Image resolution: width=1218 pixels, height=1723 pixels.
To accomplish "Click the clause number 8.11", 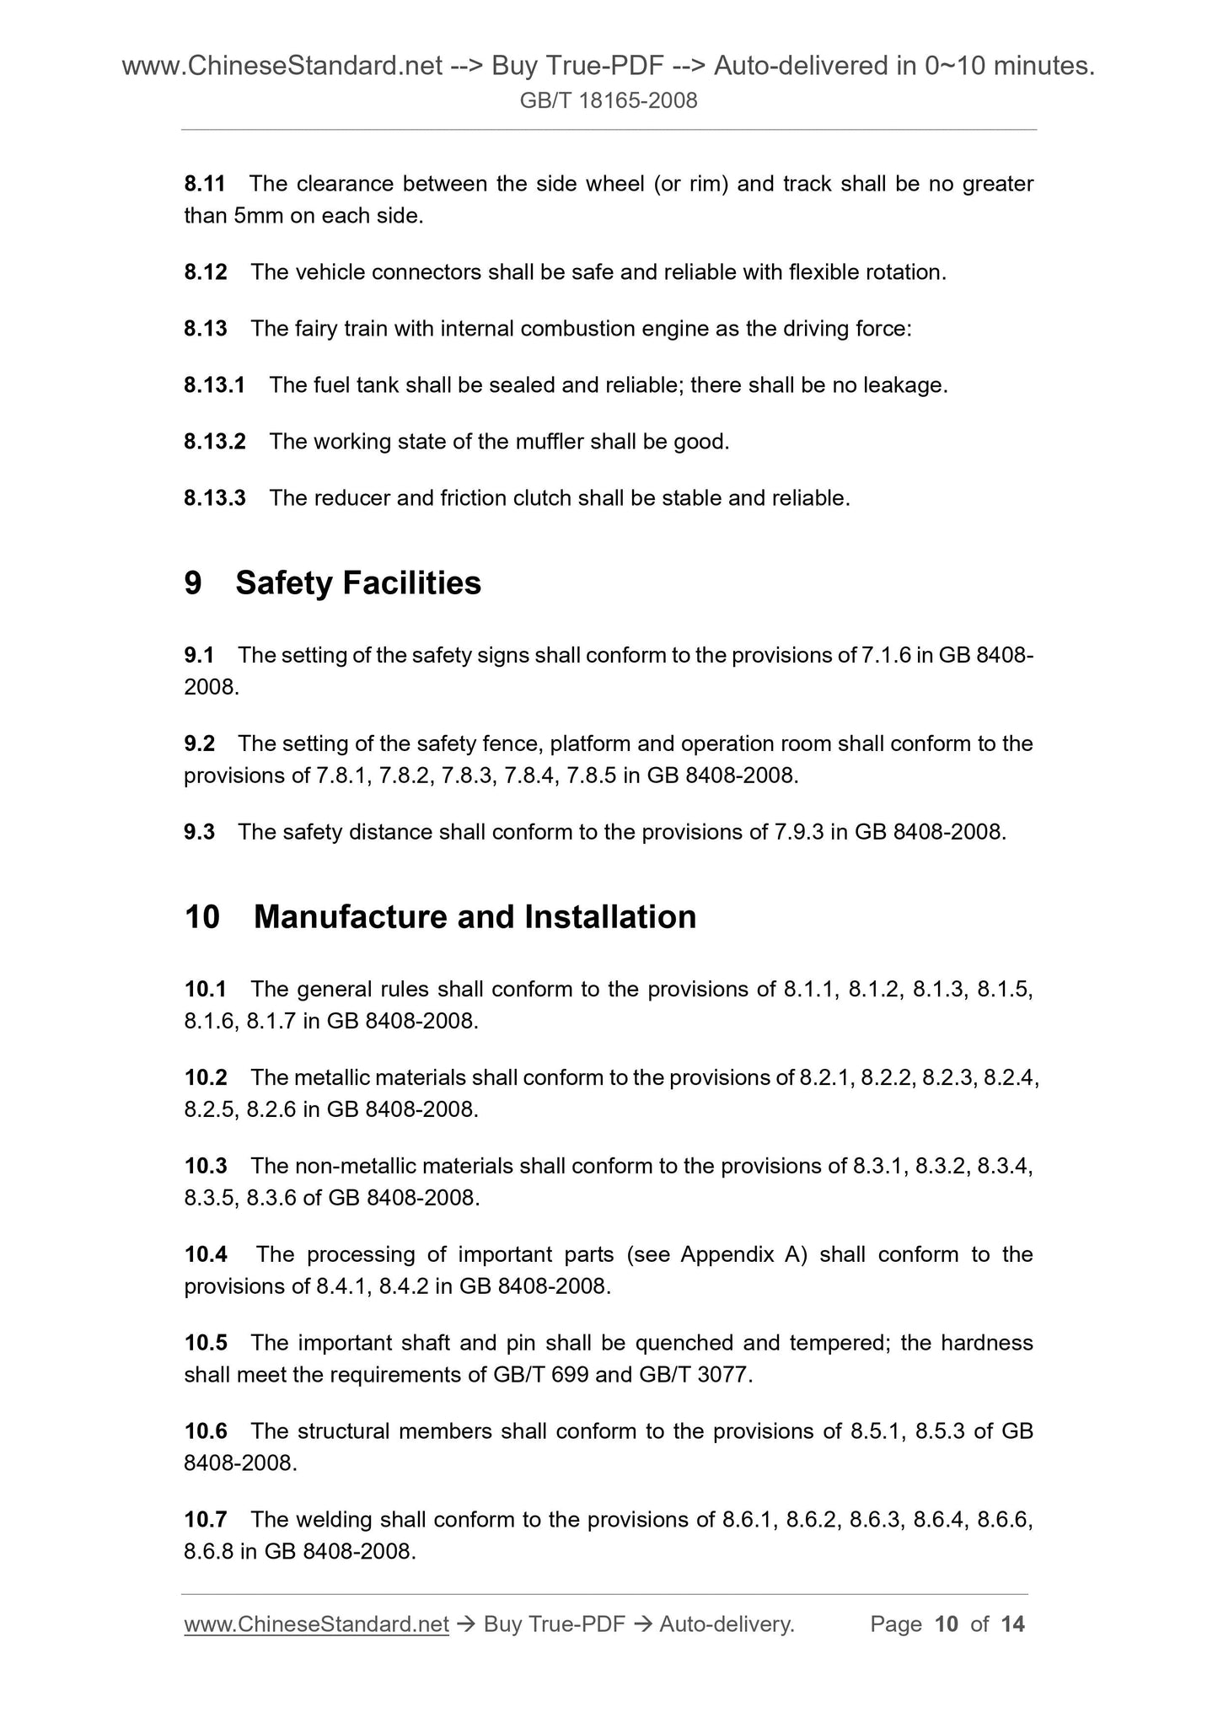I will tap(206, 184).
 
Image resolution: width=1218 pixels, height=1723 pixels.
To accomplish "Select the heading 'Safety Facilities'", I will tap(358, 583).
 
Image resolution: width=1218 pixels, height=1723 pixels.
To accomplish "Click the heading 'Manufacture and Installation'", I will tap(475, 917).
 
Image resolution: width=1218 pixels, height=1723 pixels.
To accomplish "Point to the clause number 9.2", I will tap(199, 743).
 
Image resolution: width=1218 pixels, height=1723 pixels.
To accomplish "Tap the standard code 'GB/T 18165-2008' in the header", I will tap(609, 101).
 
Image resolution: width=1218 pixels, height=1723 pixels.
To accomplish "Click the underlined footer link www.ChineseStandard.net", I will tap(316, 1624).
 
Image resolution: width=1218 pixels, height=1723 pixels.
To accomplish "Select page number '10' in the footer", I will tap(947, 1624).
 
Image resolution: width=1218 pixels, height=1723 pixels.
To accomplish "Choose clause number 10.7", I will tap(206, 1519).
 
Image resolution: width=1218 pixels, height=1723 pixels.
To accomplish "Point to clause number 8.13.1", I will tap(214, 385).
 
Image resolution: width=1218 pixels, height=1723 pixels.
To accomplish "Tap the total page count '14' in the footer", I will tap(1012, 1624).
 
